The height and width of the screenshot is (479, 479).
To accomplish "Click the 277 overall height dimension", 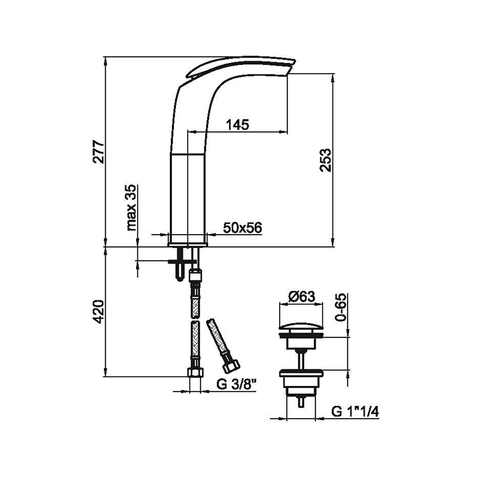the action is coord(99,151).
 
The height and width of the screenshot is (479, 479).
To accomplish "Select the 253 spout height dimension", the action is coord(325,160).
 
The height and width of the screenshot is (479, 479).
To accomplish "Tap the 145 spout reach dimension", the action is coord(237,125).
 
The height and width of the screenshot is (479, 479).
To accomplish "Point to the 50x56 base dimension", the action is coord(242,228).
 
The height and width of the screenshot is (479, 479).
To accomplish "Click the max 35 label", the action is coord(131,207).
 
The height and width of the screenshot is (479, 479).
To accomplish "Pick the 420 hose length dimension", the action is coord(99,311).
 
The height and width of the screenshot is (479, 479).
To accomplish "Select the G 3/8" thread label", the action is coord(235,385).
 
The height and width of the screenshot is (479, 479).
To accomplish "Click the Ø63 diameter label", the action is coord(302,296).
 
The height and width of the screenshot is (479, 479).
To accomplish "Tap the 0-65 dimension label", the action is coord(341,307).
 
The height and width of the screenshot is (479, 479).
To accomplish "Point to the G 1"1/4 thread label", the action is coord(355,412).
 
